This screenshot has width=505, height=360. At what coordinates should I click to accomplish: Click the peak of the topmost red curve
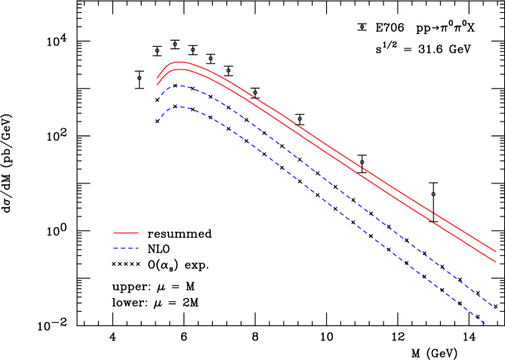coord(179,62)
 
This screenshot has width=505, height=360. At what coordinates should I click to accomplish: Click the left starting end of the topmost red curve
coord(157,78)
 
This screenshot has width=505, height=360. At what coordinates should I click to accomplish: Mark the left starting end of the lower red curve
coord(157,85)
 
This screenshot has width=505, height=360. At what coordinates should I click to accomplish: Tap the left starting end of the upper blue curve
coord(158,100)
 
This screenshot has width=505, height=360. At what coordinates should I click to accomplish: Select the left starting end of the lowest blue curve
coord(158,123)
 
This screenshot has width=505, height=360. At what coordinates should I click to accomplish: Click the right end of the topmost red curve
coord(496,251)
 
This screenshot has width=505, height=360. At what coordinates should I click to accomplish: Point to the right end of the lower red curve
coord(496,262)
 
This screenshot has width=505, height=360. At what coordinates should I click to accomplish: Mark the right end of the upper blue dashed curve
coord(496,308)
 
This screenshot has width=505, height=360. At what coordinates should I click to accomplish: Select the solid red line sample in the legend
coord(126,232)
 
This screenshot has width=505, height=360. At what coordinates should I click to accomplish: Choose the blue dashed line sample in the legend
coord(126,248)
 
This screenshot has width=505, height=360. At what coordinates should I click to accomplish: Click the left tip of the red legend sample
coord(114,232)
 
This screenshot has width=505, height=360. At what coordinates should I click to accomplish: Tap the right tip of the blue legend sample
coord(139,248)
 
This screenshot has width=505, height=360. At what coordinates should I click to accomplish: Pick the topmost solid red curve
coord(340,154)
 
